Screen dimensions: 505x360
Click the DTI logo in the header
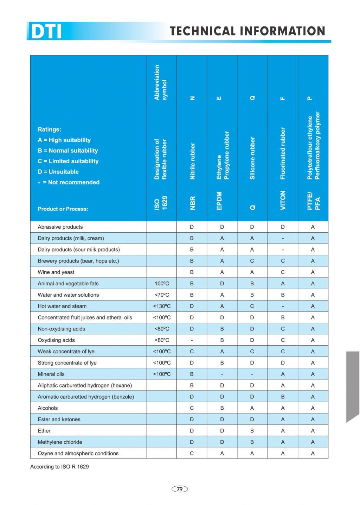(x=46, y=31)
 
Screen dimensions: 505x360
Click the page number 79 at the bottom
(x=180, y=489)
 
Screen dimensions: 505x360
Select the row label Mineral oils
(x=51, y=374)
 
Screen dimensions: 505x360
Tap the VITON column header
(x=283, y=200)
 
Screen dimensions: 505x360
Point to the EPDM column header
(x=219, y=201)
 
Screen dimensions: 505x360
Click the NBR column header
(x=192, y=203)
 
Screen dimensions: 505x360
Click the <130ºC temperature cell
(x=162, y=306)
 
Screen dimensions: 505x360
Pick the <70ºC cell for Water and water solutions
(x=162, y=295)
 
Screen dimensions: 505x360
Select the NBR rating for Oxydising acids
(x=192, y=340)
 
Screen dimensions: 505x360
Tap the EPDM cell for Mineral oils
(x=222, y=374)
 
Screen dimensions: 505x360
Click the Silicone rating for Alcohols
(x=252, y=408)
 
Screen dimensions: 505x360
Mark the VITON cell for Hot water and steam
(x=283, y=306)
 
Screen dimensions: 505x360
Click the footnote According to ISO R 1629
(x=59, y=467)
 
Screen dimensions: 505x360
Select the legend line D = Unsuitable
(x=58, y=172)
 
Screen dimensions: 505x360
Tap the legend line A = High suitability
(x=64, y=140)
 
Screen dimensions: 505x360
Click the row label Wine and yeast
(x=56, y=272)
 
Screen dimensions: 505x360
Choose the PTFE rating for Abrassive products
(x=313, y=227)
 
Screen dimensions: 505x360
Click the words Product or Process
(x=63, y=209)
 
